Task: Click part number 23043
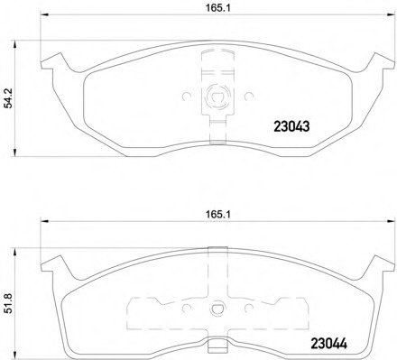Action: coord(291,127)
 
